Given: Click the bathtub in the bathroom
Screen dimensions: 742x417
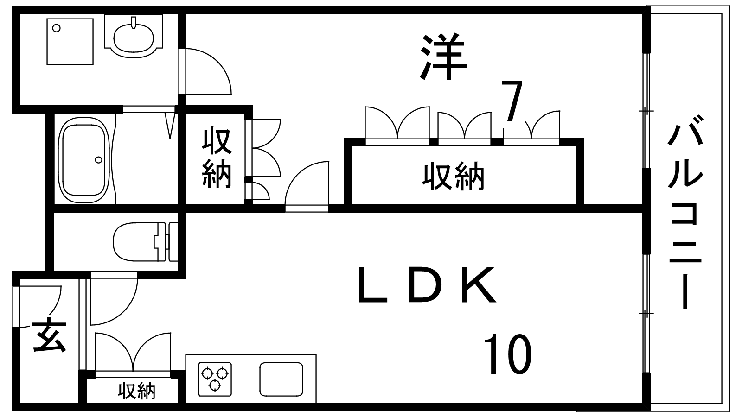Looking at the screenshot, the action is [x=83, y=160].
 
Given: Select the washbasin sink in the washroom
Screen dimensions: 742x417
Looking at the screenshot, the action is [x=134, y=37].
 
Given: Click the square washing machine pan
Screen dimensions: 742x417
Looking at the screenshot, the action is [x=70, y=42].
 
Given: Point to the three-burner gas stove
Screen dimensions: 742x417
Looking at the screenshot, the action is [x=215, y=379].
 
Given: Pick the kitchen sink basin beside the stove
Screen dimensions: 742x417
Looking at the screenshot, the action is [x=281, y=379].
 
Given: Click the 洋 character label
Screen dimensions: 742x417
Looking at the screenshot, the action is [x=443, y=57].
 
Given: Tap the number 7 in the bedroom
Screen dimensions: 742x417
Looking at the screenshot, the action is [x=512, y=101].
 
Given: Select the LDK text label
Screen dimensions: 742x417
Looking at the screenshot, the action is [x=428, y=285].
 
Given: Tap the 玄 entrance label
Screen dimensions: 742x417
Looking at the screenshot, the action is [x=50, y=335].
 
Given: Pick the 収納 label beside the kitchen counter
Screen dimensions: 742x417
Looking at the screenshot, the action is [x=137, y=391].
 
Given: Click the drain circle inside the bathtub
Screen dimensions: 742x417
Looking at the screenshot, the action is [x=98, y=160].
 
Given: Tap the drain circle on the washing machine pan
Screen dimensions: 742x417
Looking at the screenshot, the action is [x=57, y=28].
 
